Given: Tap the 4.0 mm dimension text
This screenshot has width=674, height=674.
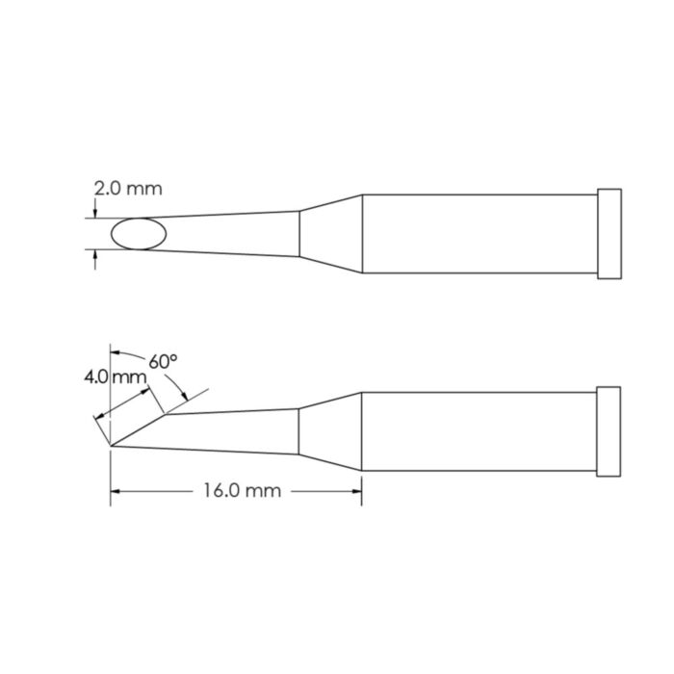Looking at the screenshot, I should (114, 377).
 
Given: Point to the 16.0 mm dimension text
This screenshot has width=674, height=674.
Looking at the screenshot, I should (242, 491).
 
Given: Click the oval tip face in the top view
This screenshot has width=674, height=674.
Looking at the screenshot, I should (138, 234).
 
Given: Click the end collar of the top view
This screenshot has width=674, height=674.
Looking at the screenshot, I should (609, 234).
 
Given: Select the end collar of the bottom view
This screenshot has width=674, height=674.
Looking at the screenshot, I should (609, 431).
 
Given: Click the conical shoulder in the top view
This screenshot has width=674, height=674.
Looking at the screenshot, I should (330, 234).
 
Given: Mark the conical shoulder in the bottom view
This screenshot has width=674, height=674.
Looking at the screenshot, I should (330, 431).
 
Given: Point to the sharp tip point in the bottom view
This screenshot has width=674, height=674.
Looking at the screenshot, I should (113, 446).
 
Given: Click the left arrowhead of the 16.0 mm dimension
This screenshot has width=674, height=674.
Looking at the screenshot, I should (117, 491).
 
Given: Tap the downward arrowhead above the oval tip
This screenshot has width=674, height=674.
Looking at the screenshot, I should (94, 214).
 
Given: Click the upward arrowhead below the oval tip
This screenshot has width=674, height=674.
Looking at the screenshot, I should (94, 255).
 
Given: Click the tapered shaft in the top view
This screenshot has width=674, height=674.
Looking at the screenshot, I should (231, 234).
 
